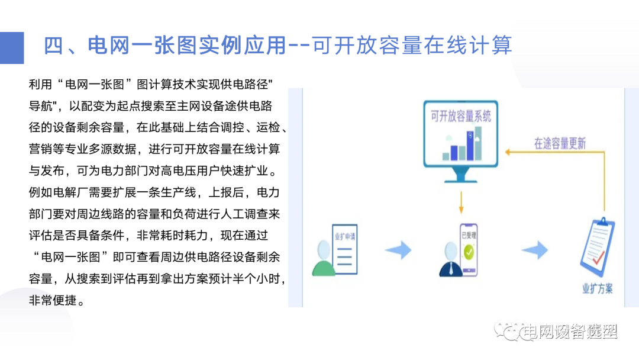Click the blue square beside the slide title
[x=12, y=47]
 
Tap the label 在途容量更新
[x=560, y=143]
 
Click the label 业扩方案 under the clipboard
[x=597, y=289]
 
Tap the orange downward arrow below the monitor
[x=461, y=205]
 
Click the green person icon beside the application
[x=322, y=261]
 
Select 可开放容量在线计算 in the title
[x=412, y=45]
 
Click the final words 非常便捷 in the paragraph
[x=52, y=300]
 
